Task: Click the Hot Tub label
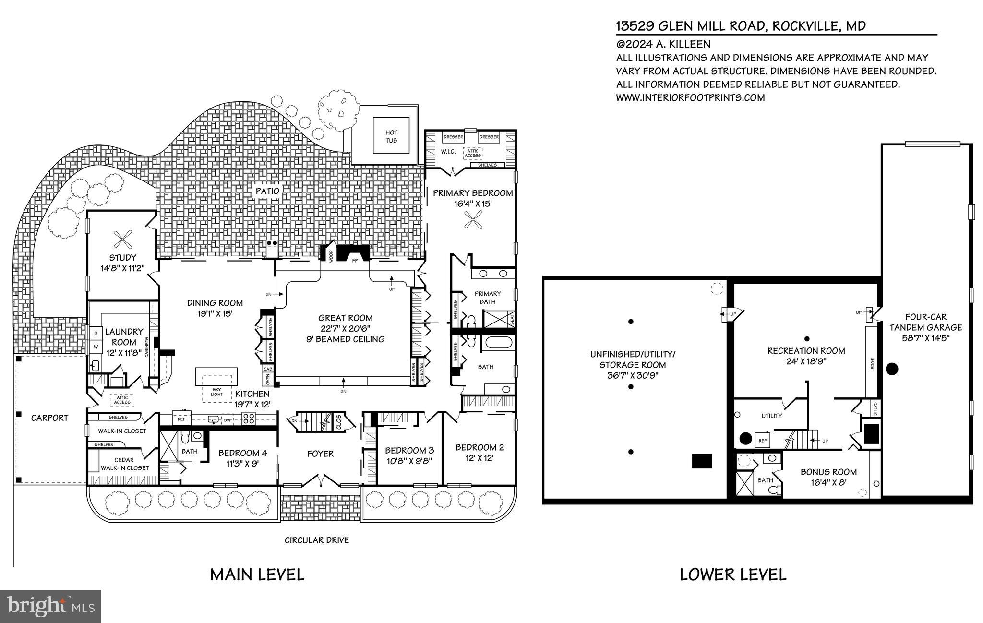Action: (x=391, y=136)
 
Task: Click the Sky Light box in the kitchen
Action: (x=216, y=391)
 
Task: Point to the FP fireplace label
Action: (x=355, y=260)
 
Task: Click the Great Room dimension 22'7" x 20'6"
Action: (x=346, y=328)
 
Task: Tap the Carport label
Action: (x=49, y=418)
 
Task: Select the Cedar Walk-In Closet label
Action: (x=124, y=464)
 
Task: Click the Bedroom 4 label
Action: (x=242, y=453)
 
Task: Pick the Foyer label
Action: (x=320, y=454)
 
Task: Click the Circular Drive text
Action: (x=317, y=540)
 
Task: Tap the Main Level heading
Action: (x=257, y=575)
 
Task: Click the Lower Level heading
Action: (x=732, y=575)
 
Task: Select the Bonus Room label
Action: (x=828, y=472)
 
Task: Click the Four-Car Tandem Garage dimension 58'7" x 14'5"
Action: (x=926, y=338)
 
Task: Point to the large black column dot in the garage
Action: (x=892, y=369)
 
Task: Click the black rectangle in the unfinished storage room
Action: (x=702, y=461)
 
